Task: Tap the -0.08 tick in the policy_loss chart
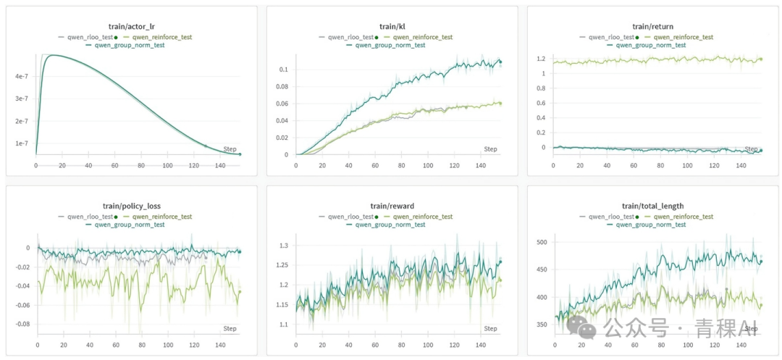pos(22,324)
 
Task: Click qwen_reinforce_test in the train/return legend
pos(683,37)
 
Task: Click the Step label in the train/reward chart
pos(490,329)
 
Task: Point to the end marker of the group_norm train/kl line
pos(500,62)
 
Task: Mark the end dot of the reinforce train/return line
pos(761,59)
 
